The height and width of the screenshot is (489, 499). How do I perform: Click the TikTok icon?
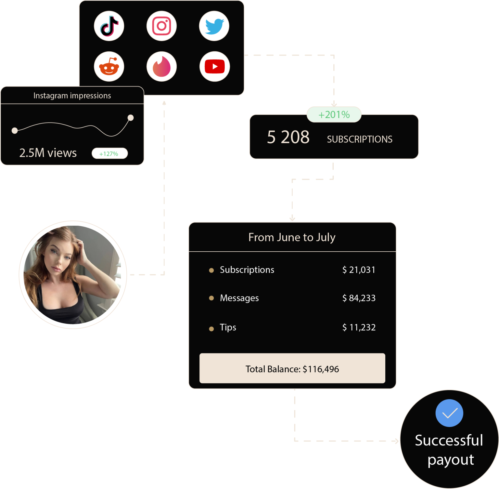click(109, 26)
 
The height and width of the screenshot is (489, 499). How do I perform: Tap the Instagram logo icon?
click(161, 26)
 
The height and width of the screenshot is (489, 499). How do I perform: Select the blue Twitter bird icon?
click(214, 26)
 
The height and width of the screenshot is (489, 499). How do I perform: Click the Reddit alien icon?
click(109, 67)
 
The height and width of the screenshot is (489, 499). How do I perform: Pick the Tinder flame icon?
click(161, 67)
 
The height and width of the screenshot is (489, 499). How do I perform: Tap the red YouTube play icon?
click(214, 67)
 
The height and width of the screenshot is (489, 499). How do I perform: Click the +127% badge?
click(109, 153)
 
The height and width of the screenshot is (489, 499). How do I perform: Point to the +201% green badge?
click(334, 115)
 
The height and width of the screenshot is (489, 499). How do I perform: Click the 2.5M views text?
click(48, 153)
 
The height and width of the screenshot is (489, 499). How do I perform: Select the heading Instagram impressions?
click(72, 96)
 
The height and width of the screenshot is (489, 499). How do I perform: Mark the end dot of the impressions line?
click(131, 118)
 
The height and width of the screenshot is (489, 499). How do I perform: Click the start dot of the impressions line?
click(15, 131)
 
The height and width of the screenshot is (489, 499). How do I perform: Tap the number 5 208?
click(288, 137)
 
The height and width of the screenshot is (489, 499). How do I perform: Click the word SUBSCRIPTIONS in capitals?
click(360, 139)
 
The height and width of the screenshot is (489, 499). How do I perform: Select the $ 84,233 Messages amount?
click(359, 298)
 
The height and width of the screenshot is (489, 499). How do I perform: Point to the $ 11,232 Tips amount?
click(359, 327)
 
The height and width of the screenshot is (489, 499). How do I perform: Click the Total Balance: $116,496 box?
click(292, 368)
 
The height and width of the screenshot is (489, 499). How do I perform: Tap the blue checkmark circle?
click(449, 413)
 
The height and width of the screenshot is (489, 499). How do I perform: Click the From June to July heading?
click(292, 237)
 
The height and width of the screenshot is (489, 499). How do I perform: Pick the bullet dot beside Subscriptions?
click(211, 270)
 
